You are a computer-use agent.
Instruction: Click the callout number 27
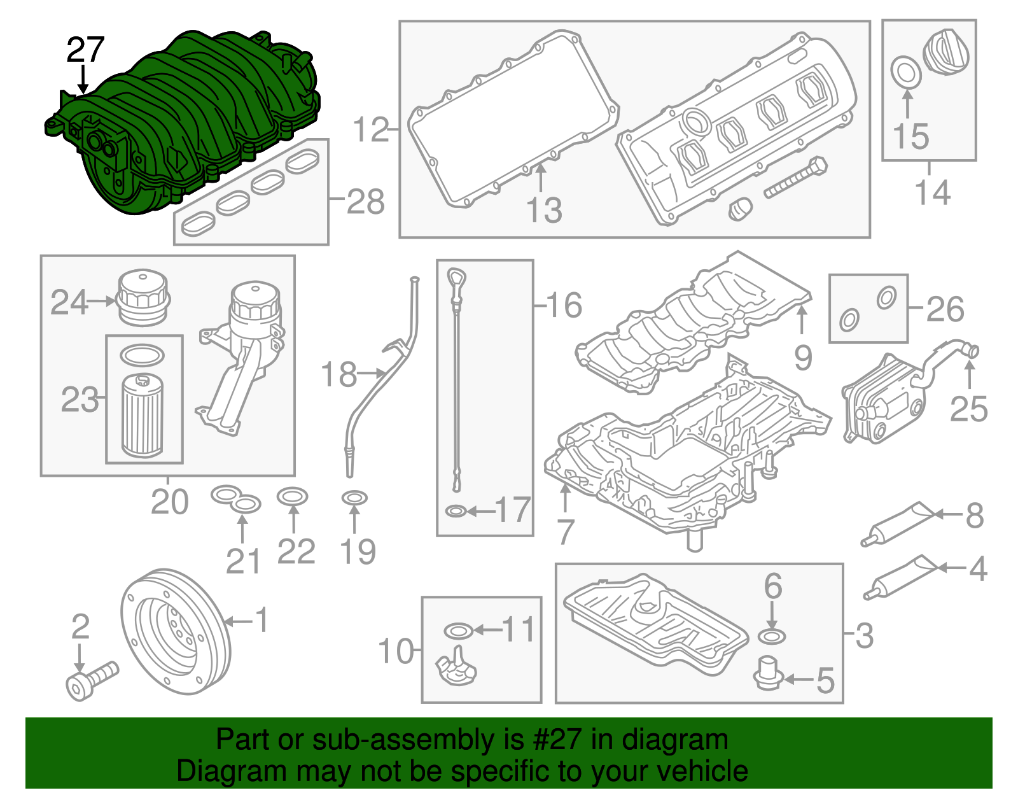tap(85, 50)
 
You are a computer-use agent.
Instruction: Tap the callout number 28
tap(365, 202)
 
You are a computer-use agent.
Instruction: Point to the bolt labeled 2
tap(91, 679)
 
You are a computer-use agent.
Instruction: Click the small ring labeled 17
tap(456, 510)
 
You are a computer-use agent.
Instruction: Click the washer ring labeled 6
tap(772, 636)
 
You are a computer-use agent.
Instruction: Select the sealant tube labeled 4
tap(898, 577)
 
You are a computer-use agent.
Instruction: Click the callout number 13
tap(544, 210)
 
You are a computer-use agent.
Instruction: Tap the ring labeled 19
tap(354, 498)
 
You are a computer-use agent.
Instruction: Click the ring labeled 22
tap(293, 496)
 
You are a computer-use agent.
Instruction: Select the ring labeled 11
tap(458, 631)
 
